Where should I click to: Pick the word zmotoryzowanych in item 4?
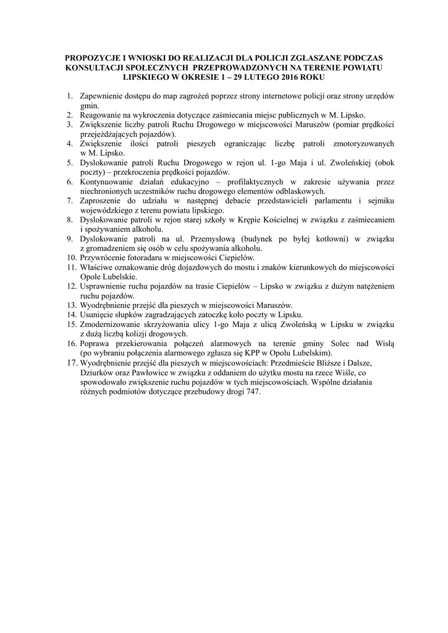[x=363, y=143]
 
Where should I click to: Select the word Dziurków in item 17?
[x=99, y=373]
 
